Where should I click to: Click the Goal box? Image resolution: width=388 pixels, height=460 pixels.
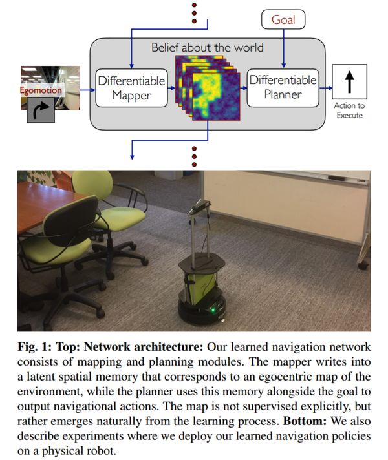click(x=283, y=20)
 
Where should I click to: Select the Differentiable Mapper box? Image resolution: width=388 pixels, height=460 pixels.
click(x=131, y=88)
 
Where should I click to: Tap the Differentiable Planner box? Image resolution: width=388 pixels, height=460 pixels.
click(x=283, y=88)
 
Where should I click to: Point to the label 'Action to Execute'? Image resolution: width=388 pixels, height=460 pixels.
click(x=349, y=110)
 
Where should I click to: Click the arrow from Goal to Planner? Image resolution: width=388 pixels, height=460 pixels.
click(x=283, y=48)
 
